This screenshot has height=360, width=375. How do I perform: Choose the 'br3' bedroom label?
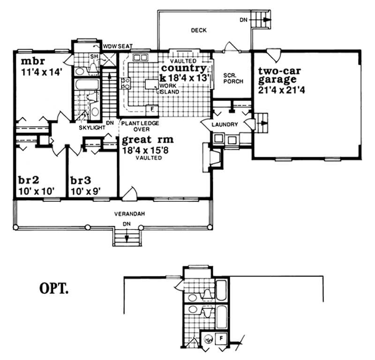click(80, 181)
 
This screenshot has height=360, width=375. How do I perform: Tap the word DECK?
click(199, 31)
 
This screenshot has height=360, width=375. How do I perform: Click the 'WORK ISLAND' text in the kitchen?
click(169, 89)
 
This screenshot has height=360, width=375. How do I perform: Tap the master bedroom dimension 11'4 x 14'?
click(42, 73)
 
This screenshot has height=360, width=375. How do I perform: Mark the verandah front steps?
click(127, 237)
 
